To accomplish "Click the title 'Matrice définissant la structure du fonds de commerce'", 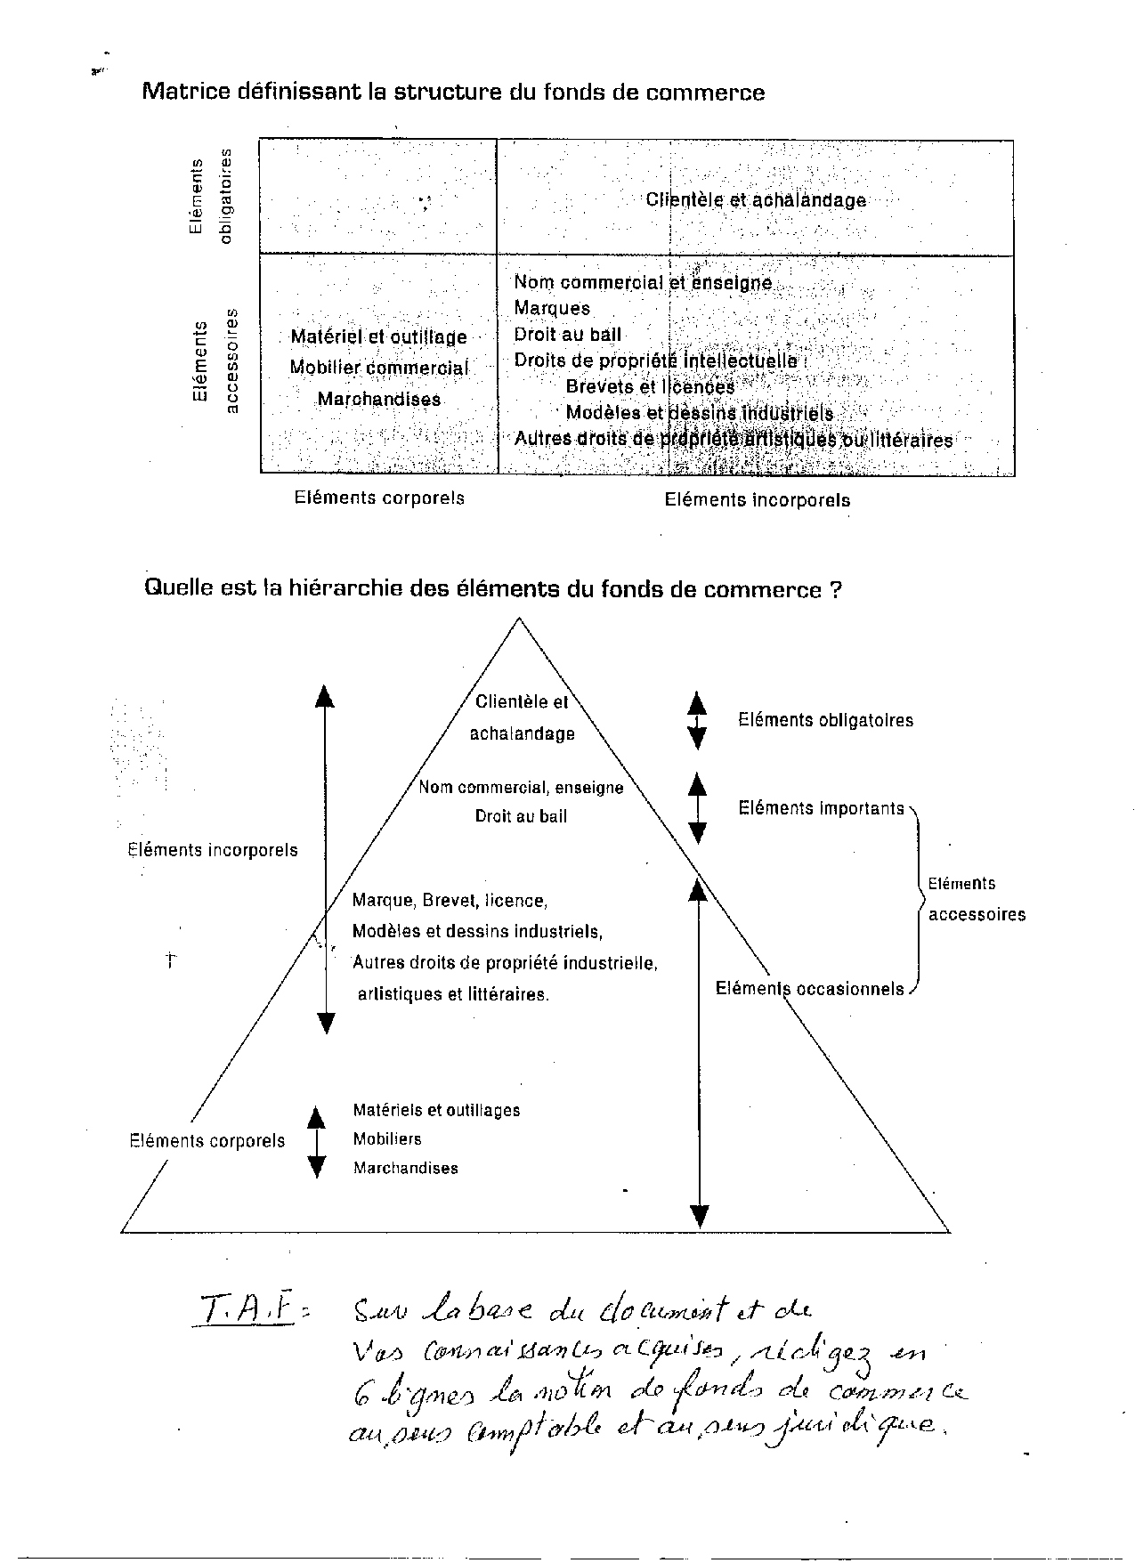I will (x=453, y=93).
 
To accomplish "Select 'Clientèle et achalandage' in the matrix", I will (x=756, y=200).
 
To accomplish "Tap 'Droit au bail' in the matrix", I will (x=568, y=335).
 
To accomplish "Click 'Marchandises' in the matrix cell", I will (x=379, y=399).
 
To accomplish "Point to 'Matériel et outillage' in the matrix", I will (x=379, y=336).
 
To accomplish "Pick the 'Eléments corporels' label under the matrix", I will (x=379, y=498).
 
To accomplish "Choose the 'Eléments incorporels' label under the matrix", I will (x=757, y=500).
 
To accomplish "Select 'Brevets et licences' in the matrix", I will (x=650, y=387).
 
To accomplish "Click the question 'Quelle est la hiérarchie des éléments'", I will (x=492, y=589).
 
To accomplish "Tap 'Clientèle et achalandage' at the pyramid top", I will (x=523, y=717).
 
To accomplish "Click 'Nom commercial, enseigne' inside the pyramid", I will (x=521, y=788).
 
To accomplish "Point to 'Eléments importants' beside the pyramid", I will (x=821, y=808).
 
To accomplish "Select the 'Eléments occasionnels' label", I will (x=809, y=989).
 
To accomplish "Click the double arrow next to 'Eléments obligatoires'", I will (x=697, y=720).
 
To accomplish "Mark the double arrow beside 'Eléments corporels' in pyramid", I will (x=316, y=1142).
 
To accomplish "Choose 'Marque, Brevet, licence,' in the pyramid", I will (x=450, y=901).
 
